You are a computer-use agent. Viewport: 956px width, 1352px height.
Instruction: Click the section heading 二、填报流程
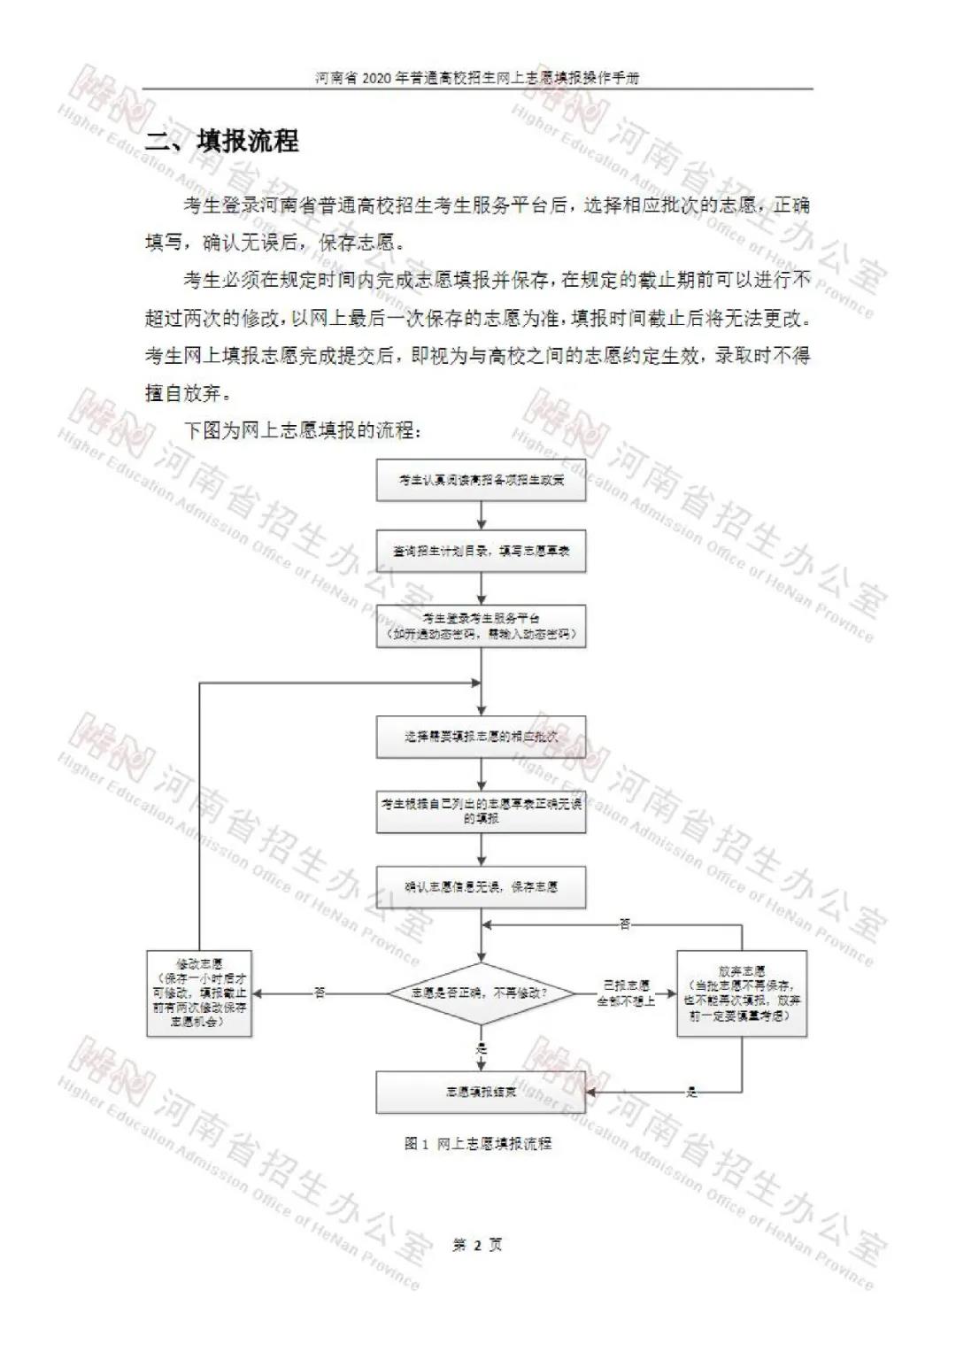(222, 141)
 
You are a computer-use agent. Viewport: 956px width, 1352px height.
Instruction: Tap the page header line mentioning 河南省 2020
(477, 78)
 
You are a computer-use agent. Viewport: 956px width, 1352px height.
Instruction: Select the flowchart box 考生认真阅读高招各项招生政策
(481, 481)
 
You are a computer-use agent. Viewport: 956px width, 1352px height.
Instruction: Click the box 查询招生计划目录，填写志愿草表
(481, 551)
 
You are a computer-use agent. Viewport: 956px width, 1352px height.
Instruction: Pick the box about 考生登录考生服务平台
(481, 626)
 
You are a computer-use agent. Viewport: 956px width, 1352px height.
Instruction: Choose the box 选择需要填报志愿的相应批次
(481, 737)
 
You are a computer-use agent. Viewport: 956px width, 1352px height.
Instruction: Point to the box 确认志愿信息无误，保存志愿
(481, 886)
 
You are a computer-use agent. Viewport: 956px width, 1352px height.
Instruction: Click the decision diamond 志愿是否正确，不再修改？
(481, 993)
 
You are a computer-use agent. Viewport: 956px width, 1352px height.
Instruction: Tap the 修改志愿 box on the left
(199, 993)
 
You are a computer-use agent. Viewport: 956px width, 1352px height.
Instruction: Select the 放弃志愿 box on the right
(742, 993)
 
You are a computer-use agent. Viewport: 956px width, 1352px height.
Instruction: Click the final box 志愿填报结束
(481, 1092)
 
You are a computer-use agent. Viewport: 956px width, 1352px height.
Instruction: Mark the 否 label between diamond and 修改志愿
(320, 993)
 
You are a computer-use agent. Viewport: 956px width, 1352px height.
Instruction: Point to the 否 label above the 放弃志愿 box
(625, 924)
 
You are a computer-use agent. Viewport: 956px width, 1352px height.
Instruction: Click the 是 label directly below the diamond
(482, 1048)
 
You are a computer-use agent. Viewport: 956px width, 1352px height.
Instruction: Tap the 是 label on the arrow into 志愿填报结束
(691, 1093)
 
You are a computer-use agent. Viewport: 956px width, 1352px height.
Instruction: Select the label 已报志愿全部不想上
(627, 993)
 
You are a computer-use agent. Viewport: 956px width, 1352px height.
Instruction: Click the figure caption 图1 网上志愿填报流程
(478, 1144)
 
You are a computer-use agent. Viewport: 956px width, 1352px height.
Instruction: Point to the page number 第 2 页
(477, 1245)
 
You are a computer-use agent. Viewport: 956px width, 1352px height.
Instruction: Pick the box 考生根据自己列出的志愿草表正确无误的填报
(481, 811)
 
